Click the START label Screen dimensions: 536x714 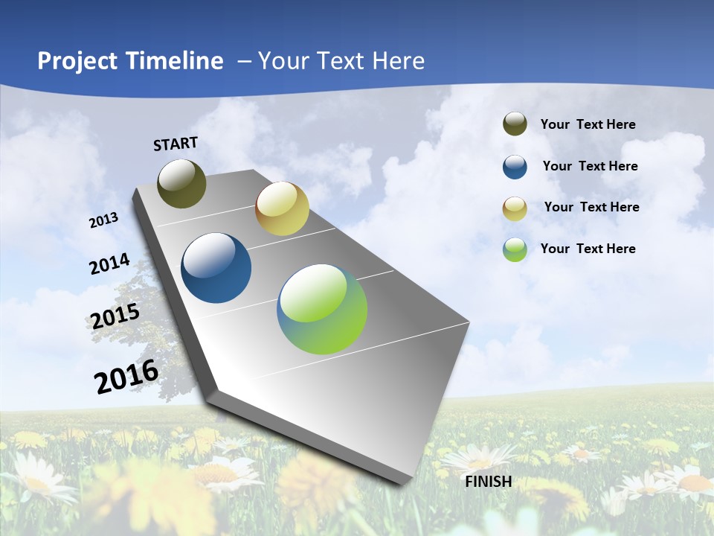pyautogui.click(x=176, y=144)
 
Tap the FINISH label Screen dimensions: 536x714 pyautogui.click(x=489, y=482)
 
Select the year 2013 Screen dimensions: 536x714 pyautogui.click(x=103, y=220)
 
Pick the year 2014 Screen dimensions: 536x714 pyautogui.click(x=109, y=264)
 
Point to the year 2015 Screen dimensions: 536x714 pyautogui.click(x=115, y=316)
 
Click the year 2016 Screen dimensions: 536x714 pyautogui.click(x=126, y=377)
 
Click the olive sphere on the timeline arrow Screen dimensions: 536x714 pyautogui.click(x=182, y=183)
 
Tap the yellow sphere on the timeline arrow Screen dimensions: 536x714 pyautogui.click(x=282, y=208)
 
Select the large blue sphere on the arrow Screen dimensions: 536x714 pyautogui.click(x=216, y=268)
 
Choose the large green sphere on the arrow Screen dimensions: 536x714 pyautogui.click(x=322, y=308)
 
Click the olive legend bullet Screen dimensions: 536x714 pyautogui.click(x=515, y=124)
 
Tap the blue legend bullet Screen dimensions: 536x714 pyautogui.click(x=515, y=167)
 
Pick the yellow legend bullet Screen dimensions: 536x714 pyautogui.click(x=515, y=208)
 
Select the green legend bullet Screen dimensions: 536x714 pyautogui.click(x=515, y=249)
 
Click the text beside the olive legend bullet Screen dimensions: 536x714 pyautogui.click(x=588, y=125)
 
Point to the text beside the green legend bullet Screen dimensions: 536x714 pyautogui.click(x=588, y=249)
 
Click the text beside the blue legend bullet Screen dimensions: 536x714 pyautogui.click(x=590, y=166)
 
